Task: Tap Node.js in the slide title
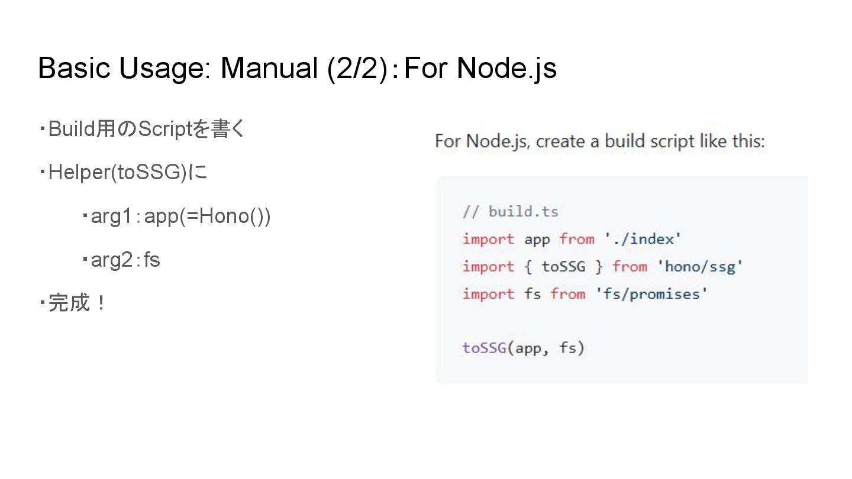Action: point(506,68)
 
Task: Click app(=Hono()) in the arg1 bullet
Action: point(207,216)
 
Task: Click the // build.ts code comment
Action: point(511,212)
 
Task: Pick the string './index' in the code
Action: point(643,239)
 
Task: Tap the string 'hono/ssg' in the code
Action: point(700,266)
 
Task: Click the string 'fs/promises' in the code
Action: point(651,294)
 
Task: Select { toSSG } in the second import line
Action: point(563,266)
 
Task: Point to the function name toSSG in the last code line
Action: point(484,348)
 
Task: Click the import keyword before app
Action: point(488,239)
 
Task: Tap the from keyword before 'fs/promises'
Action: point(568,294)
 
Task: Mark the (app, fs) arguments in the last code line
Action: point(546,348)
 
